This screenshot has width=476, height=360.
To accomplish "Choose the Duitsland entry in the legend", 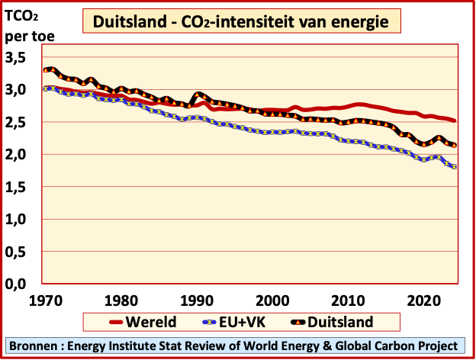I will click(x=343, y=321).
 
